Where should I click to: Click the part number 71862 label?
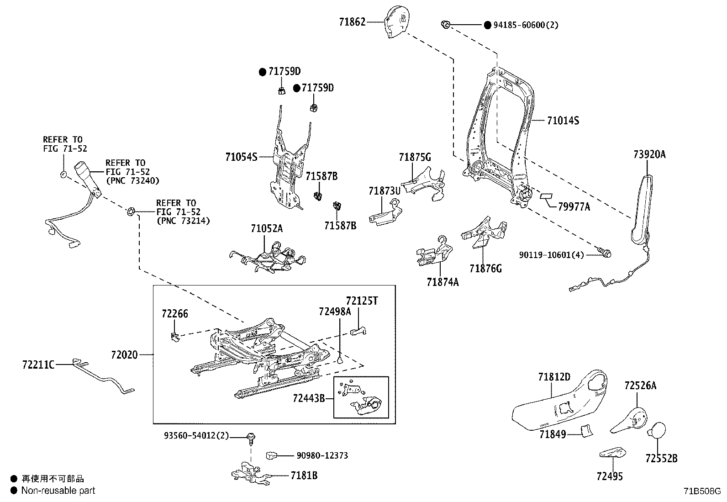[352, 21]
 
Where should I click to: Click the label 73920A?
[649, 154]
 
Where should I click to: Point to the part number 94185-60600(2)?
[525, 25]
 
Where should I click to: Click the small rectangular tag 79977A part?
[546, 196]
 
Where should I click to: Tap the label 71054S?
[241, 157]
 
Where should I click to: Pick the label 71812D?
[554, 377]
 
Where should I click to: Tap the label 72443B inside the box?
[309, 398]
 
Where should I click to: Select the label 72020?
[124, 354]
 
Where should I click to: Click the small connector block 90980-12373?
[272, 455]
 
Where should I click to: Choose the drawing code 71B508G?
[702, 491]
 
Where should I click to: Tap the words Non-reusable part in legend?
[58, 491]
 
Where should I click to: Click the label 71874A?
[443, 282]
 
